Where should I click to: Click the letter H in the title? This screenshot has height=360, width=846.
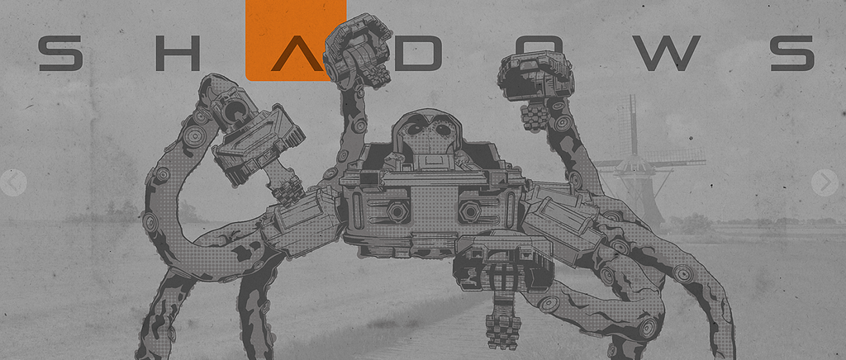[x=178, y=54]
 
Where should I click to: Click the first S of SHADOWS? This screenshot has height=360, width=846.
[x=60, y=54]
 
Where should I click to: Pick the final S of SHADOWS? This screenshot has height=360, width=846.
[x=791, y=54]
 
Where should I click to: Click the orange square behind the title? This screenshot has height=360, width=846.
[x=296, y=40]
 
